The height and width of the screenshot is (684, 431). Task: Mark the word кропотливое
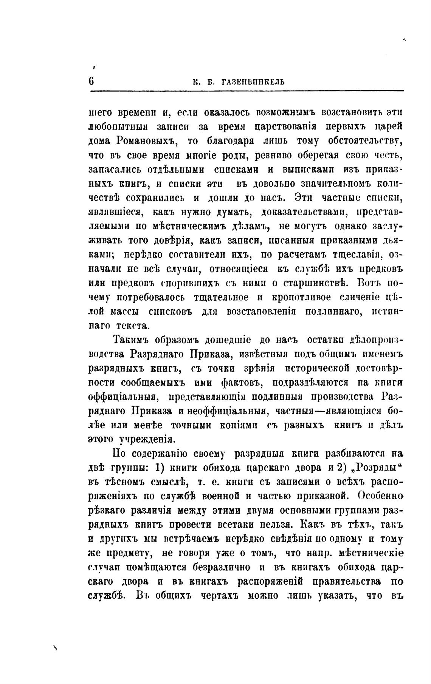coord(301,297)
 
